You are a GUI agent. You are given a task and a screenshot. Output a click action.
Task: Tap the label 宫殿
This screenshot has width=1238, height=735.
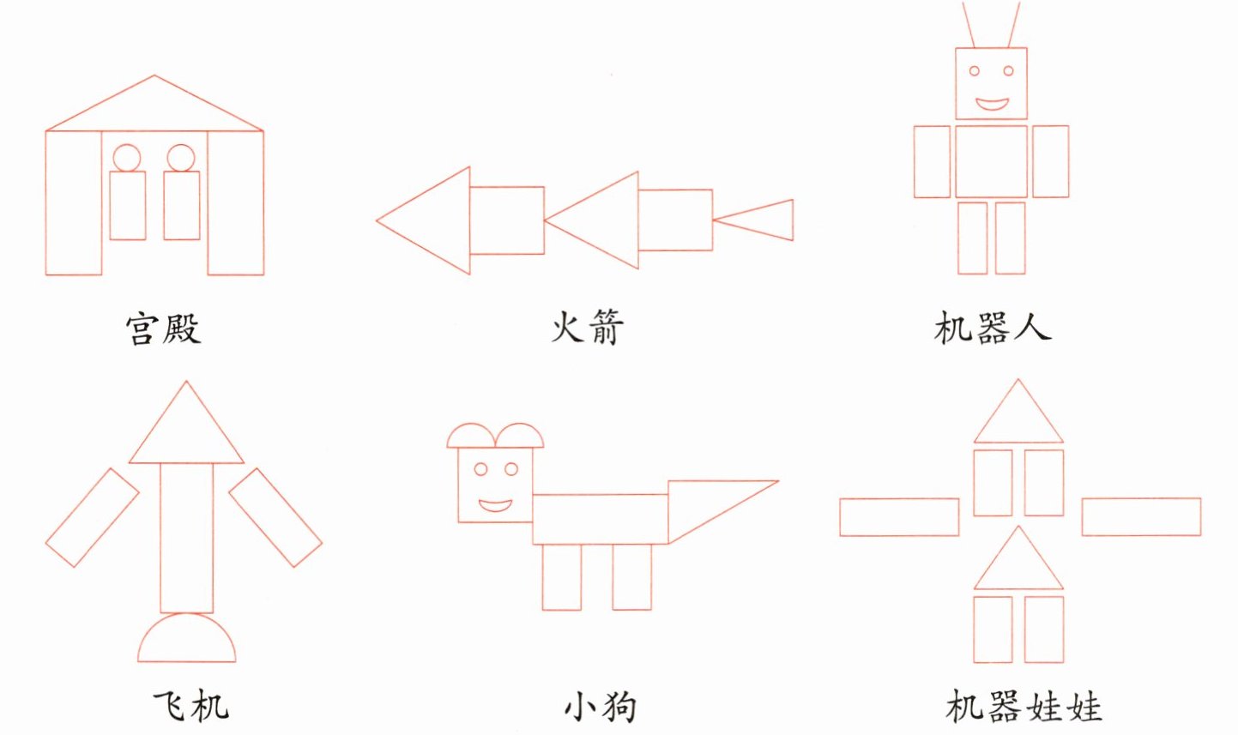click(x=163, y=328)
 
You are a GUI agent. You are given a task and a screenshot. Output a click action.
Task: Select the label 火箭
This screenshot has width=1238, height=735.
click(x=587, y=327)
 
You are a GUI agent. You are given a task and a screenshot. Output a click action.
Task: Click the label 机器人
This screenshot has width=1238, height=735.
click(x=992, y=328)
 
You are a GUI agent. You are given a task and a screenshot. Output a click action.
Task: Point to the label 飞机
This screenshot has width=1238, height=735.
click(x=190, y=706)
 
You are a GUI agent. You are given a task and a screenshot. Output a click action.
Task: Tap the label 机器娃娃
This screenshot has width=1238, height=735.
click(x=1024, y=707)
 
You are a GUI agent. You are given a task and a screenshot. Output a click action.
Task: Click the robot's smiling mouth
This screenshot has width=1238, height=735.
click(x=992, y=105)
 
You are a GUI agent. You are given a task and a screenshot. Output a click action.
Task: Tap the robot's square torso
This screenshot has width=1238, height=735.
click(x=991, y=161)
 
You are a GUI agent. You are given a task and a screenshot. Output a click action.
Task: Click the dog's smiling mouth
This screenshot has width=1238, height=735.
click(x=495, y=504)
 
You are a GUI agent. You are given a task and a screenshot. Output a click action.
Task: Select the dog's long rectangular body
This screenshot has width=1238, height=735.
click(x=600, y=519)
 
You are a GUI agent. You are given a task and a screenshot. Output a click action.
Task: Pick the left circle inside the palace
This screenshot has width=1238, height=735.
click(x=127, y=158)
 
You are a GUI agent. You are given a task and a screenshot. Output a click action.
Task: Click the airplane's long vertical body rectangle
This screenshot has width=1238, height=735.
click(x=186, y=537)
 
